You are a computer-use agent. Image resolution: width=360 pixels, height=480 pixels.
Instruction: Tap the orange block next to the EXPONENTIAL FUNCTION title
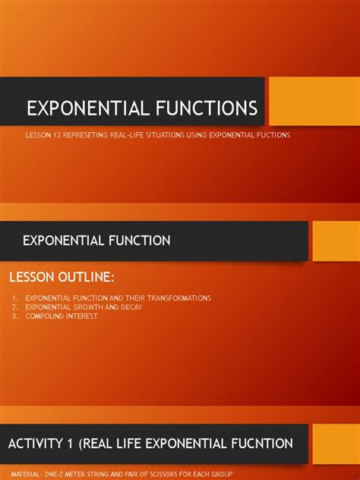(336, 241)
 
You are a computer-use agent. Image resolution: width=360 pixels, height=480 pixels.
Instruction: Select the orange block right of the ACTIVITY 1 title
(336, 444)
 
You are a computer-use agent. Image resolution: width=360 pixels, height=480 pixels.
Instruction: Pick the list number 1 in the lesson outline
(15, 298)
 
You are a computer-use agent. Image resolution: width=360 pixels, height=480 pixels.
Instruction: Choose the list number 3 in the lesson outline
(15, 316)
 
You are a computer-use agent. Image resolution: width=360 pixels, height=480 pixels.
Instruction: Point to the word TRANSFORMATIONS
(177, 298)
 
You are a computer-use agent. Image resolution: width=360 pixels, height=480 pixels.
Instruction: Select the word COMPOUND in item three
(43, 316)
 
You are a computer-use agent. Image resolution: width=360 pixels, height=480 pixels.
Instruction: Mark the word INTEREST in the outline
(81, 316)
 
